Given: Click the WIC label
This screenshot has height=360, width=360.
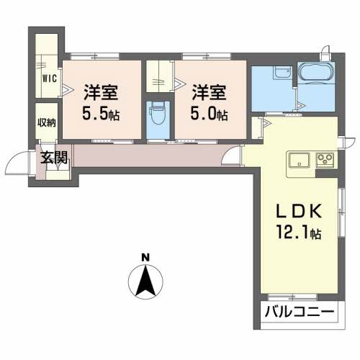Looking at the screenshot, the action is click(50, 78).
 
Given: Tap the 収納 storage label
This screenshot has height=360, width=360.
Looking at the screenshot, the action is click(46, 122).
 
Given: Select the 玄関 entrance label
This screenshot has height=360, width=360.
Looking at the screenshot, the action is click(54, 158).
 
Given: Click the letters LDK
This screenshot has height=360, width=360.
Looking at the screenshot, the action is click(299, 211).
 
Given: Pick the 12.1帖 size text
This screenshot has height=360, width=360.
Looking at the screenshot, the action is click(299, 232).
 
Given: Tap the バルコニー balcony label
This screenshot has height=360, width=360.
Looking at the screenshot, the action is click(300, 312).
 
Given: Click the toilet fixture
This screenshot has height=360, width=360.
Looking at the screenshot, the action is click(158, 113).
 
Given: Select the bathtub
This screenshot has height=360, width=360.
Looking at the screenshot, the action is click(316, 72).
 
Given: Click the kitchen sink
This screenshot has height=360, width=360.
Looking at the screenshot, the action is click(299, 160).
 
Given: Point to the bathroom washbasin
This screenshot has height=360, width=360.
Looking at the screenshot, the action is click(282, 72).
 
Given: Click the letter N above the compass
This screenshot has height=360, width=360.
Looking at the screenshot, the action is click(145, 258).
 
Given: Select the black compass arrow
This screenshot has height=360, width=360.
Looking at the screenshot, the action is click(145, 280).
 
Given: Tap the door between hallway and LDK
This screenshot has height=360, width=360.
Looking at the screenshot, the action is click(232, 155).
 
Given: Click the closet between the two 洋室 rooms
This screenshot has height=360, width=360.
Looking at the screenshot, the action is click(160, 76).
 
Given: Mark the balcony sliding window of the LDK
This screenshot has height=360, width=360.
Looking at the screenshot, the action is click(292, 297).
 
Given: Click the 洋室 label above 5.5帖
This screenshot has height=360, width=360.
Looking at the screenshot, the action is click(101, 92).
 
